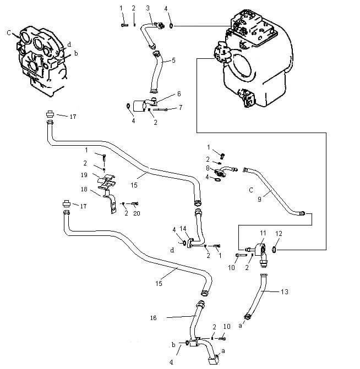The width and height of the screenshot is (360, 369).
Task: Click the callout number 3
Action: [148, 8]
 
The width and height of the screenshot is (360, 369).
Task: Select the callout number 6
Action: [178, 94]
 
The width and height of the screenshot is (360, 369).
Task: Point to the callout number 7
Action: [180, 107]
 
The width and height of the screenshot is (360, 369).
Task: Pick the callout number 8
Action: [208, 168]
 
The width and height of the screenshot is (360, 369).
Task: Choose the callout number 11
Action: [263, 234]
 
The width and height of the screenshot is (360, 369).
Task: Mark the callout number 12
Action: [278, 234]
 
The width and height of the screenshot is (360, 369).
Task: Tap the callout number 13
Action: [284, 291]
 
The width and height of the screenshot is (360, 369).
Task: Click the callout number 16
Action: [154, 318]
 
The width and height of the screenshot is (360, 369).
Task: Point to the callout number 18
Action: [84, 189]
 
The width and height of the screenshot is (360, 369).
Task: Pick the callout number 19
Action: [84, 175]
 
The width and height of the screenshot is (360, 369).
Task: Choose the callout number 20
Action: [137, 213]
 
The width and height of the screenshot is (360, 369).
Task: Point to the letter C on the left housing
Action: [9, 33]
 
